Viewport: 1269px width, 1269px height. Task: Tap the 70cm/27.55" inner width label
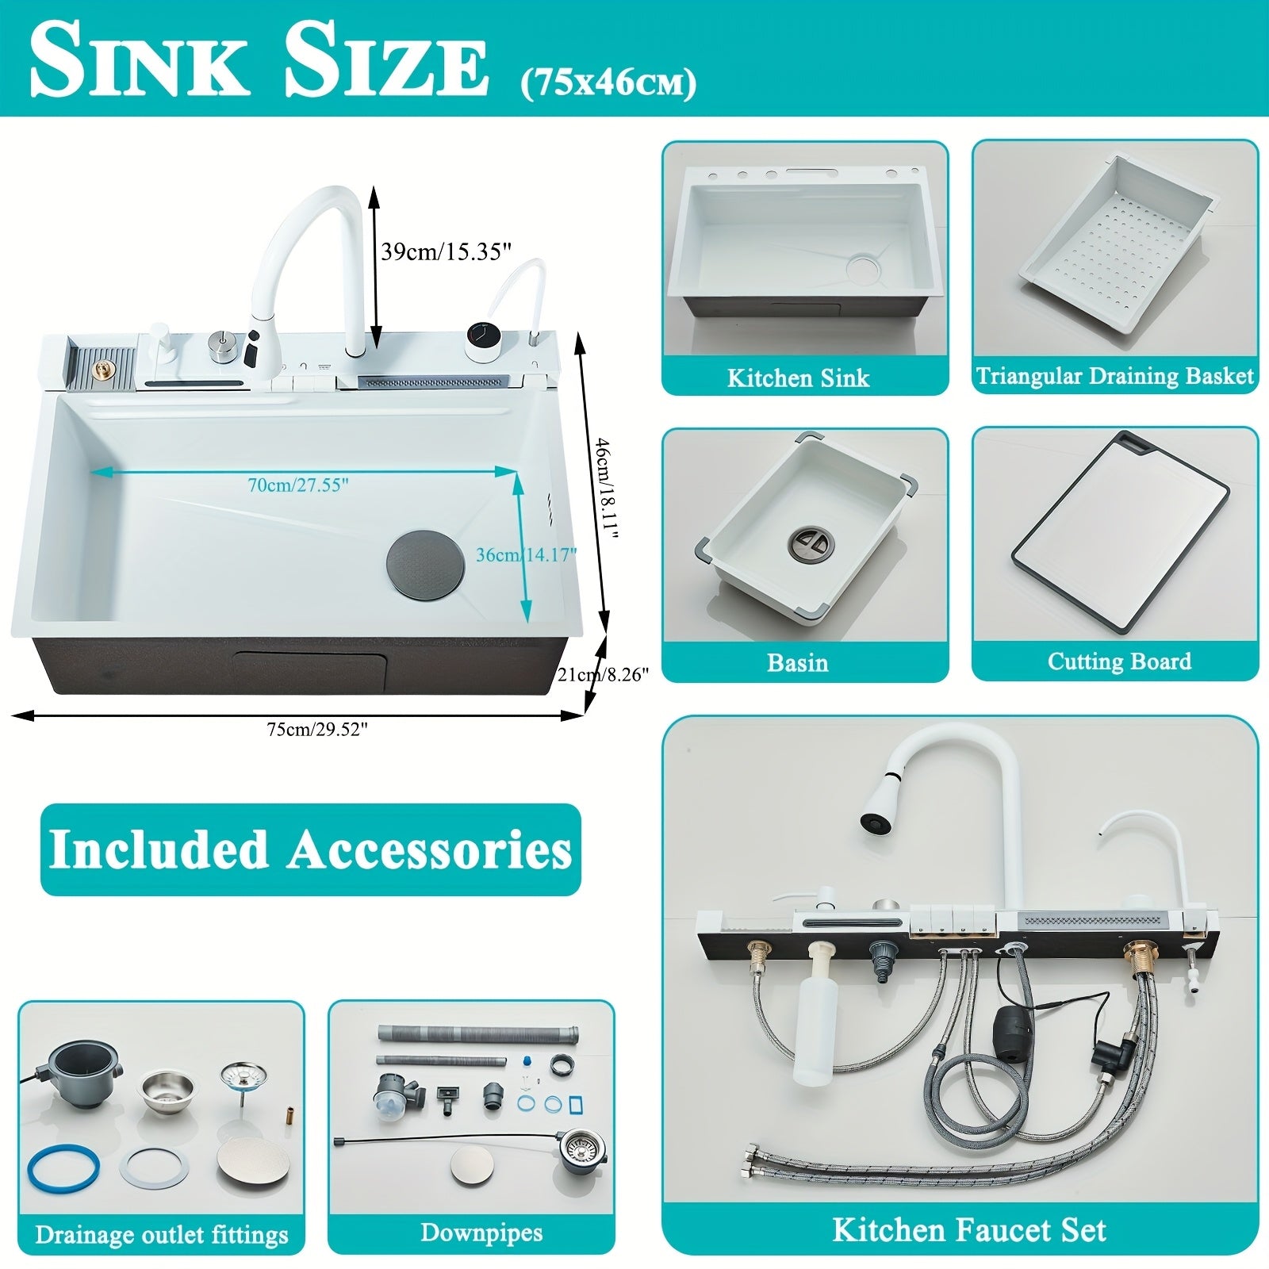pyautogui.click(x=298, y=485)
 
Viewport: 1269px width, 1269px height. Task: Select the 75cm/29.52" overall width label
pyautogui.click(x=317, y=730)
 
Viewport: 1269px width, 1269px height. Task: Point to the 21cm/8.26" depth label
pyautogui.click(x=603, y=675)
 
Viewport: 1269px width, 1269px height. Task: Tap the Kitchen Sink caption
pyautogui.click(x=799, y=378)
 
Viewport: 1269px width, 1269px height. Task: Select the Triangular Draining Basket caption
pyautogui.click(x=1115, y=375)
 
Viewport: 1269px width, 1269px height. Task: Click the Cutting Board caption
pyautogui.click(x=1119, y=661)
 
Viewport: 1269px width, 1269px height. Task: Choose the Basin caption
pyautogui.click(x=798, y=663)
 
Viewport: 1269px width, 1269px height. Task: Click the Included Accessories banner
pyautogui.click(x=310, y=849)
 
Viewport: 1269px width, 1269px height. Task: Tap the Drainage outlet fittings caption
pyautogui.click(x=162, y=1235)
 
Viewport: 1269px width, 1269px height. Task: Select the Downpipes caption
pyautogui.click(x=481, y=1233)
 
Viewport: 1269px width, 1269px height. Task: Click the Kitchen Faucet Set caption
pyautogui.click(x=969, y=1230)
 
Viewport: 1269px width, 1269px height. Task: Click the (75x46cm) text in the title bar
pyautogui.click(x=608, y=83)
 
